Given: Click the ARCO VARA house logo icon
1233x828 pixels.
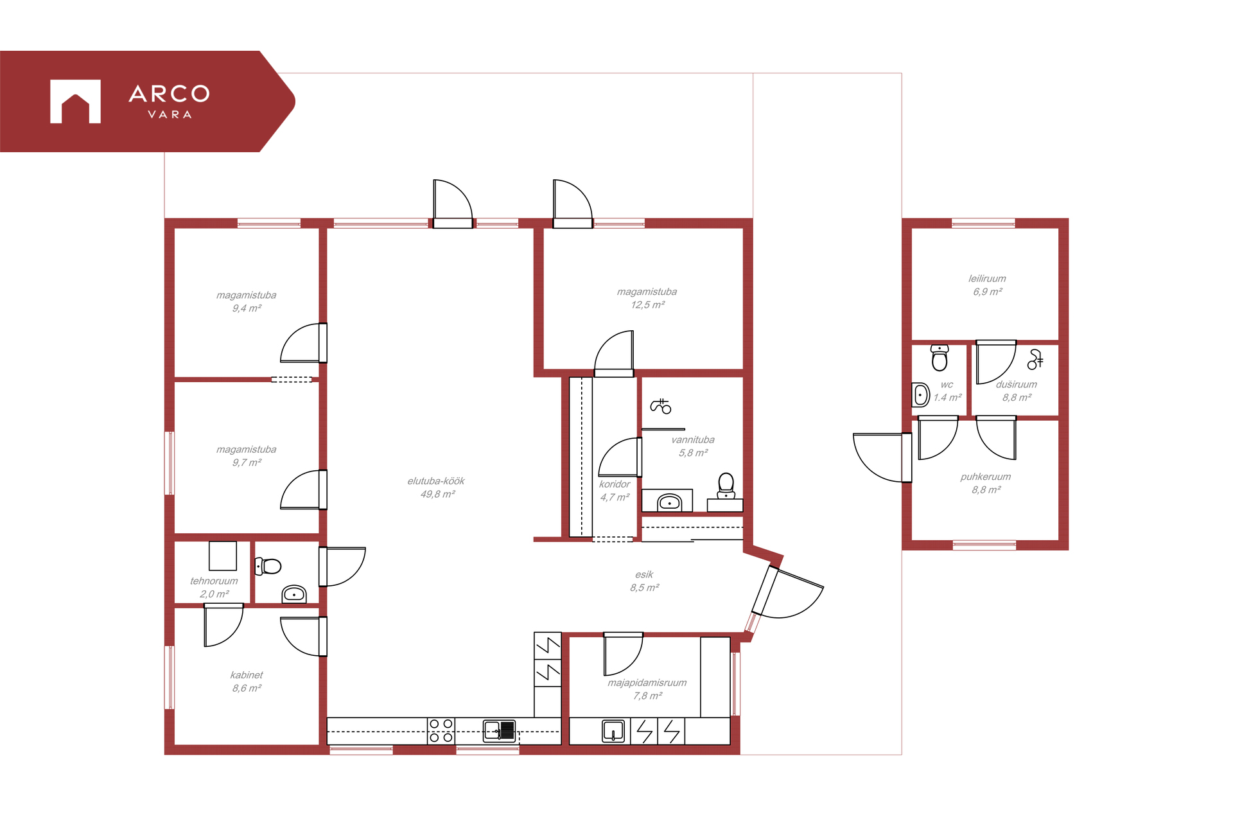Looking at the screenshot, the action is point(75,101).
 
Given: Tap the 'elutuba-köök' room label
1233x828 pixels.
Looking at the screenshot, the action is point(435,480).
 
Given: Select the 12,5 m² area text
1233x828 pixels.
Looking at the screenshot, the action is point(647,304).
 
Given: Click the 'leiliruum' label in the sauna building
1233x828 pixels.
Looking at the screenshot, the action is point(987,278).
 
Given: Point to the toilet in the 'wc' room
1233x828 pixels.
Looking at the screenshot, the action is point(940,358).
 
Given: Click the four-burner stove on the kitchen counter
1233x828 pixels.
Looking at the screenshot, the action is point(441,731).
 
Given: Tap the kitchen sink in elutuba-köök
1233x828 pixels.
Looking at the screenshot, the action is point(500,730).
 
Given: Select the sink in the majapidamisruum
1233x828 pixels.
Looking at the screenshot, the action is point(613,731).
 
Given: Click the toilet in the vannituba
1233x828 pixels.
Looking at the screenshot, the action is point(726,486).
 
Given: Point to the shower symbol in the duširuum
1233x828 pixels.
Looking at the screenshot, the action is point(1035,359).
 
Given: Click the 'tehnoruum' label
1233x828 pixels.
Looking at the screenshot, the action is point(214,581).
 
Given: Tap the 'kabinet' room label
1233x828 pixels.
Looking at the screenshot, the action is point(247,674).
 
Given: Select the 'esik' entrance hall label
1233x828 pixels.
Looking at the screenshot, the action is point(644,574).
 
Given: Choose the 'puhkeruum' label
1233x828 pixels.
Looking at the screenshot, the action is point(986,477).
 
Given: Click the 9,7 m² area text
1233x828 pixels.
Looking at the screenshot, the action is point(247,462).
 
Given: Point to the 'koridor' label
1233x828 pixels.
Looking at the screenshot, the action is point(615,484).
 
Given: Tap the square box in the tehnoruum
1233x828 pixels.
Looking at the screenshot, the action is point(223,556).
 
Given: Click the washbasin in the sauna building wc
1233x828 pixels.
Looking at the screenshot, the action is point(921,395).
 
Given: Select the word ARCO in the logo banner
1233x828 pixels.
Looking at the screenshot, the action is point(170,94).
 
